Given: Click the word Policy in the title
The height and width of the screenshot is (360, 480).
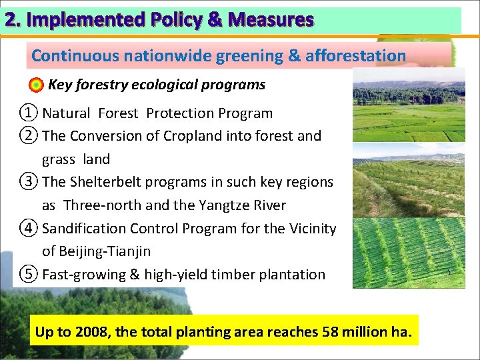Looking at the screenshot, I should click(173, 20).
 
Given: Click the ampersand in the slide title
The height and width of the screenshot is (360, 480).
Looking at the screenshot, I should click(215, 20).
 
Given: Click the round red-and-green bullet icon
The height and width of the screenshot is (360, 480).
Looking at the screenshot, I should click(37, 85).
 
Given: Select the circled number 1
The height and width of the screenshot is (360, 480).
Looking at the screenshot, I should click(27, 113).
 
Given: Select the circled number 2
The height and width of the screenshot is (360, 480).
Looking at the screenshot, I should click(27, 136).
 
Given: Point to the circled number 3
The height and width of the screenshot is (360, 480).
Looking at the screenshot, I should click(27, 182).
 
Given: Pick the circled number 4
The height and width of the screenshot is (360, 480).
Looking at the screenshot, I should click(27, 228).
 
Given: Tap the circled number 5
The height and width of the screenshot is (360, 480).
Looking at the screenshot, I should click(27, 274).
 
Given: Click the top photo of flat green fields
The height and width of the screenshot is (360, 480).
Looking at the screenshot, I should click(408, 105).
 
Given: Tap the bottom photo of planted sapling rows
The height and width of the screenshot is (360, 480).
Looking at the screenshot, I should click(408, 253).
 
